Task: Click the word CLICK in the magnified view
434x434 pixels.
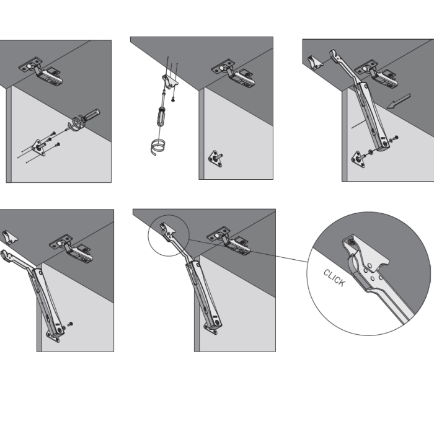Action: coord(335,278)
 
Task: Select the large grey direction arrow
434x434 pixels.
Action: coord(399,101)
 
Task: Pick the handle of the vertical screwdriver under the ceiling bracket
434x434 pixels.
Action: coord(161,116)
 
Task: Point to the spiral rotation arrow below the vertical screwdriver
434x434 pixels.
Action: coord(157,148)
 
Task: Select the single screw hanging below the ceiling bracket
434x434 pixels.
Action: coord(173,99)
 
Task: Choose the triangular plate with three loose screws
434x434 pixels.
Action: coord(38,148)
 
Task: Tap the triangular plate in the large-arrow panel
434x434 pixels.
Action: coord(358,159)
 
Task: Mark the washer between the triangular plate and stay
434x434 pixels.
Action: coord(370,152)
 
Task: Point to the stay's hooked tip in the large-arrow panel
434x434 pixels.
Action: coord(334,54)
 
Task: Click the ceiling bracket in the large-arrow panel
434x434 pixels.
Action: coord(315,62)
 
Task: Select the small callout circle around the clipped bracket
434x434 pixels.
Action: coord(168,235)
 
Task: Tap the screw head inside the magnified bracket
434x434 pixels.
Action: coord(352,242)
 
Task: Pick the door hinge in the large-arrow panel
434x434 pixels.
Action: coord(376,73)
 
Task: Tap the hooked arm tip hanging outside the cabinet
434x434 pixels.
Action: coord(6,255)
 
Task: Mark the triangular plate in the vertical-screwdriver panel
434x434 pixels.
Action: coord(215,159)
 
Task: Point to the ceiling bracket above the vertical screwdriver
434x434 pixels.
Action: coord(169,81)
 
